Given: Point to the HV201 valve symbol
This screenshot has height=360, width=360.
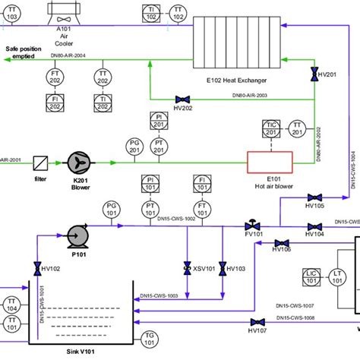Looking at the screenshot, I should pyautogui.click(x=314, y=74).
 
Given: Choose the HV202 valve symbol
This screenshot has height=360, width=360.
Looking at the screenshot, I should pyautogui.click(x=182, y=99).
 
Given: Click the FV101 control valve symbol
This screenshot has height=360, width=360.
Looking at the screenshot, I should pyautogui.click(x=250, y=225).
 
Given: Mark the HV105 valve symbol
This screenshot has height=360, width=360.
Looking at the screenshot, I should pyautogui.click(x=314, y=196).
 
